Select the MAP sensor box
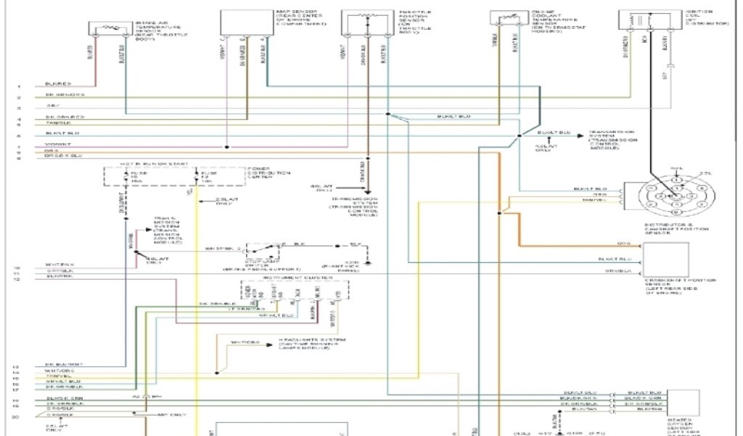point(246,23)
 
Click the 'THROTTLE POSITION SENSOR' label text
point(416,23)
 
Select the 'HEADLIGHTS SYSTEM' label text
point(291,342)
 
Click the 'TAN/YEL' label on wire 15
point(58,377)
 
